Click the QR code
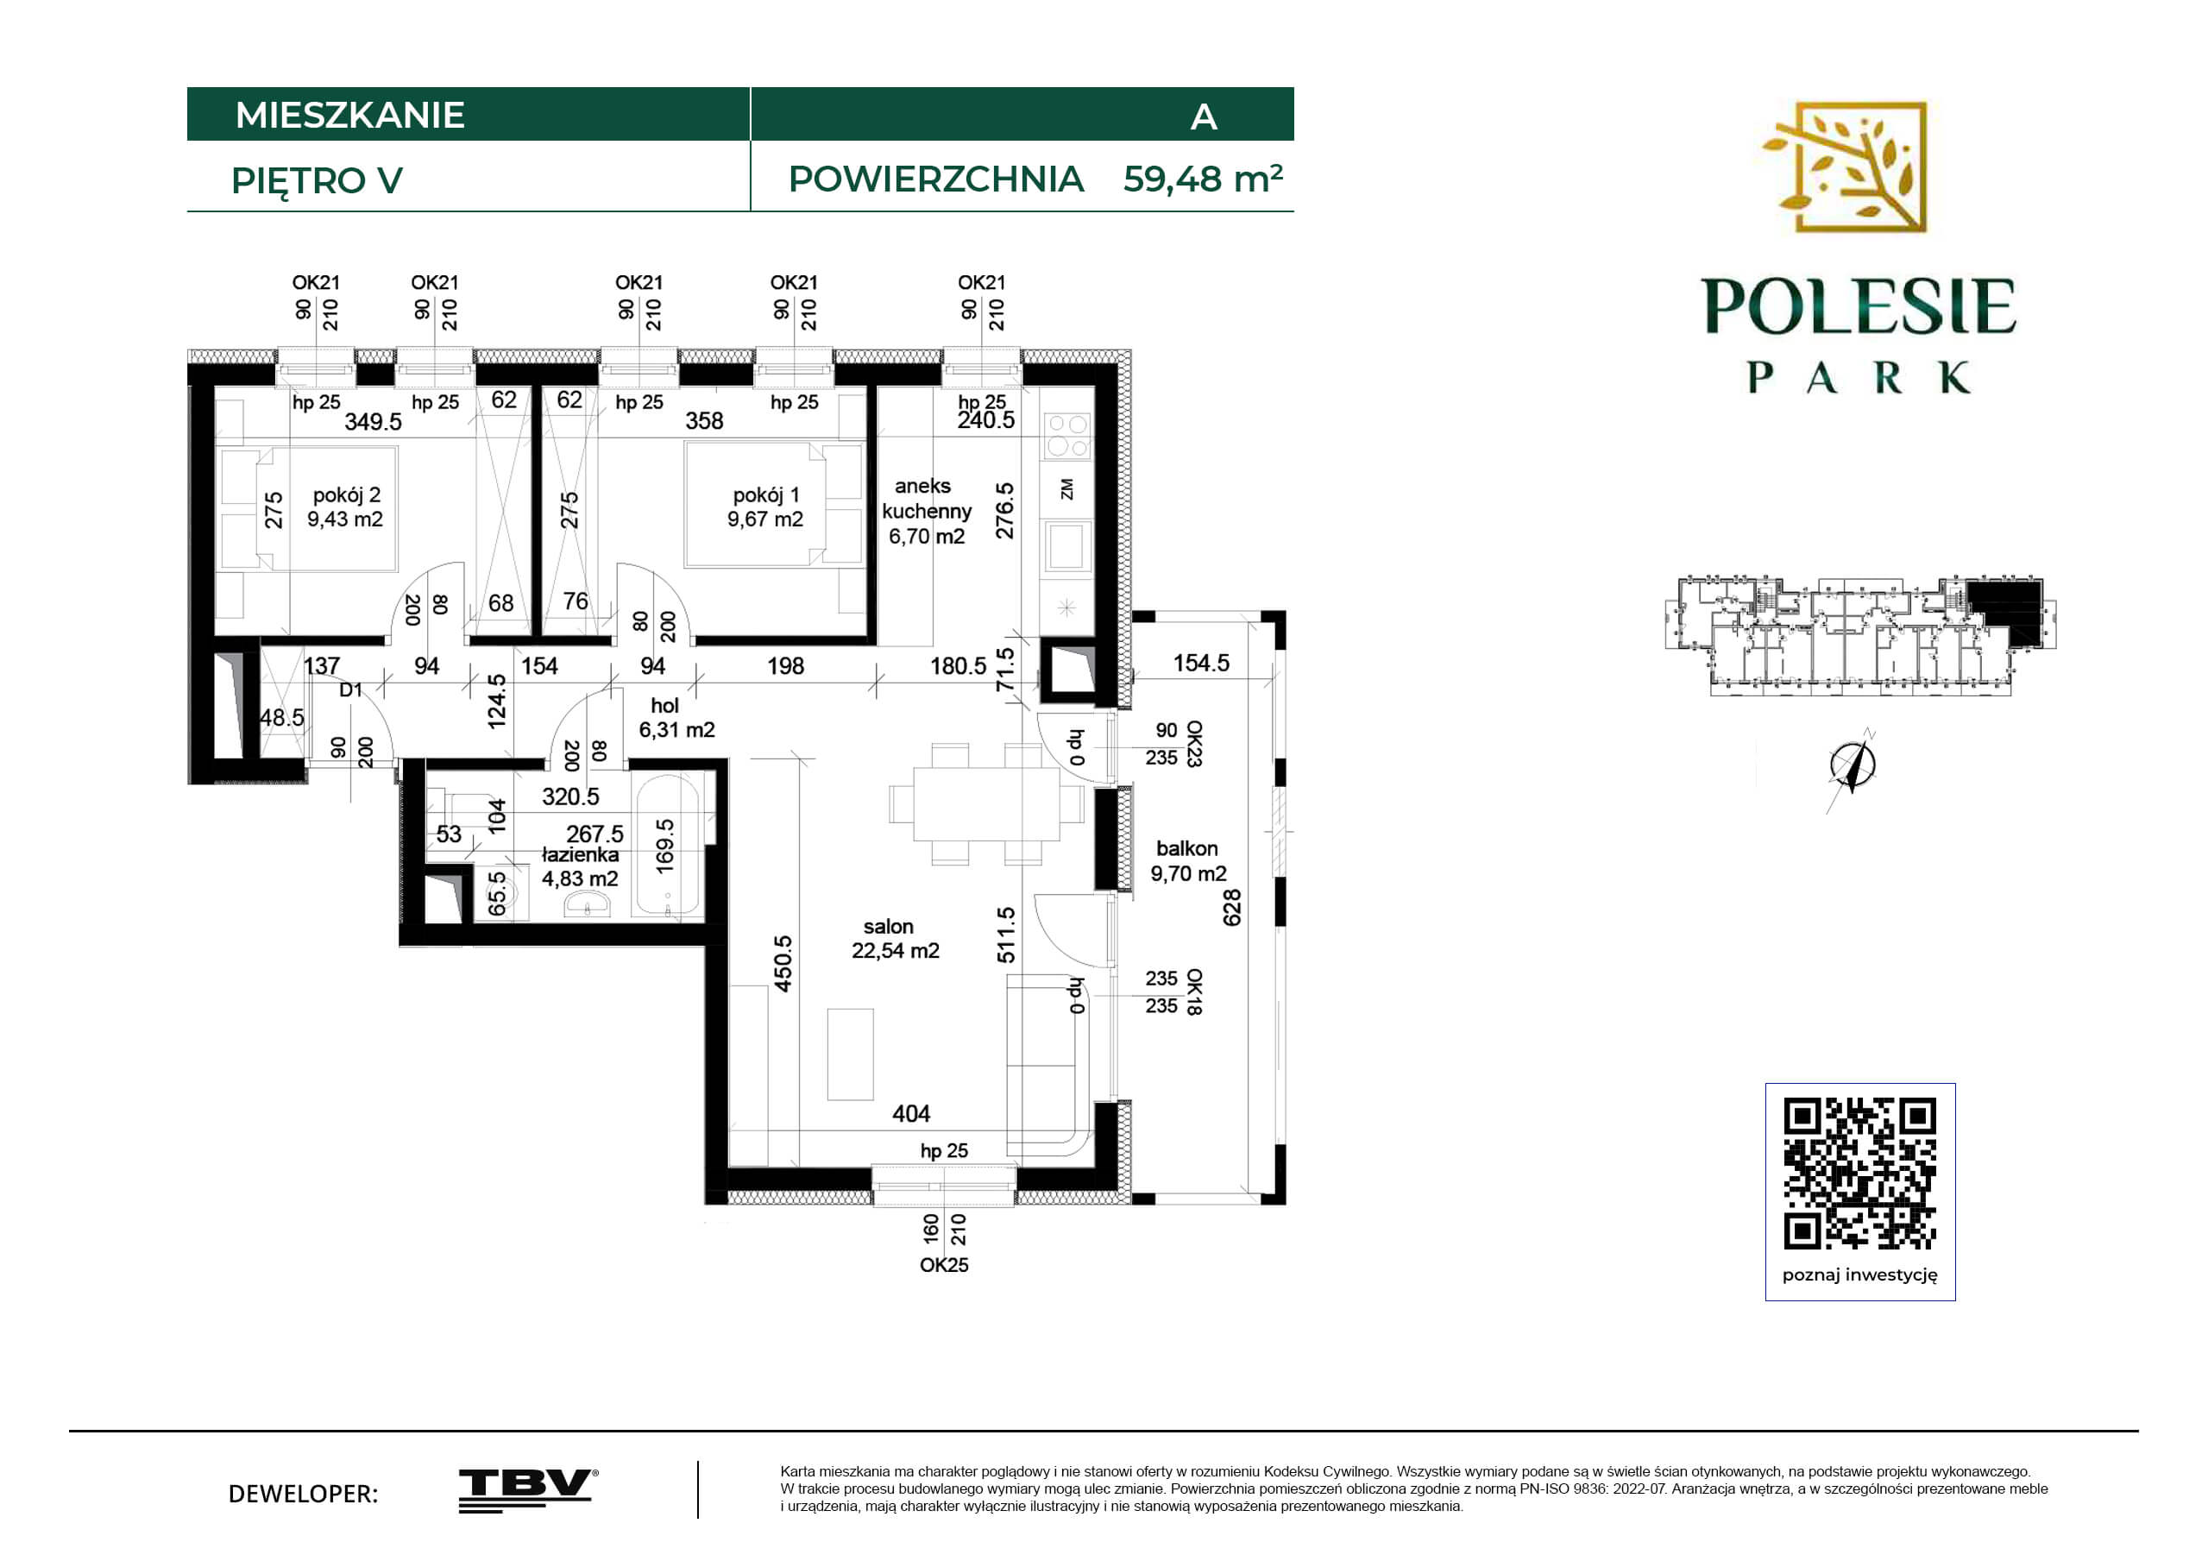pos(1860,1173)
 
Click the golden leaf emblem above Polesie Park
pos(1844,167)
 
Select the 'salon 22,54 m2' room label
pos(895,939)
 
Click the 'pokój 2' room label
pos(346,495)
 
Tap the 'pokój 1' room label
pos(765,495)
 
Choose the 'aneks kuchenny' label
pos(926,498)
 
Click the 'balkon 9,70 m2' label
pos(1189,861)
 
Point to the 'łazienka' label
pos(580,854)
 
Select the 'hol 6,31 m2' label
pos(676,717)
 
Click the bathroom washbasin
pos(586,904)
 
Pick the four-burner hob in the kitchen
pos(1067,436)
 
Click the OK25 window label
pos(944,1265)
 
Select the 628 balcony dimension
pos(1232,908)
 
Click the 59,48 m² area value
pos(1203,179)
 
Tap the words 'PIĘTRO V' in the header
pos(317,181)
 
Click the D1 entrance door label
pos(351,689)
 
